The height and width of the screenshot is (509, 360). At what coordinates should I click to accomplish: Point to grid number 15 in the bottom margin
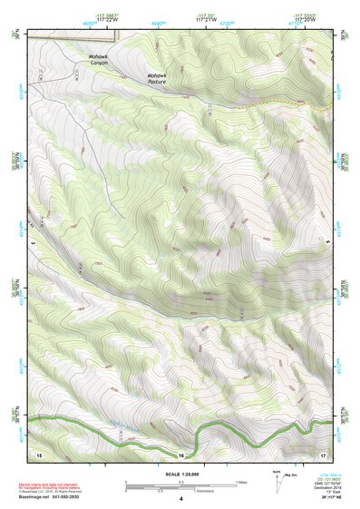39,453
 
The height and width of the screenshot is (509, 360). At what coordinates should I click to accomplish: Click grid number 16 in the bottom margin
181,455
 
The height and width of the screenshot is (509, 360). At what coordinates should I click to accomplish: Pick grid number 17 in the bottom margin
322,453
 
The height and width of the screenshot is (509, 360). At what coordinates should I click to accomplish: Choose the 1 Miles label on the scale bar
242,482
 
